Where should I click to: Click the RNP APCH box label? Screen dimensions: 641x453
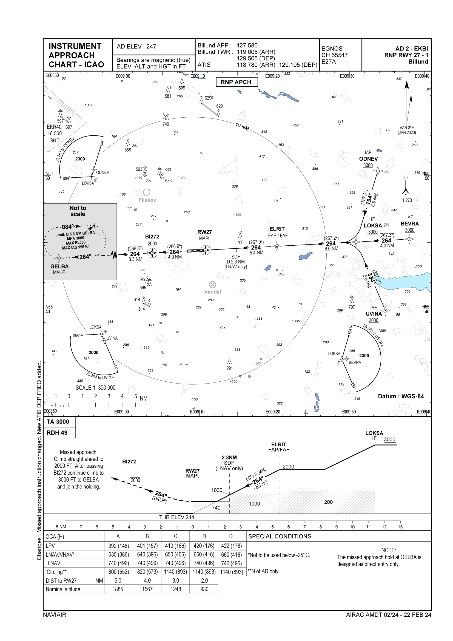(x=236, y=82)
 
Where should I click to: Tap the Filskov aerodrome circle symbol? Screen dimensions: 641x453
(x=147, y=192)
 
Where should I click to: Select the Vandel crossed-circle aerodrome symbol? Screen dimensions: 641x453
(x=212, y=285)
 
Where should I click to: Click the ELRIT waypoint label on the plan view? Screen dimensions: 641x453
(x=277, y=229)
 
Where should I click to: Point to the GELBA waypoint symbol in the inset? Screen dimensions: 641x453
(x=59, y=258)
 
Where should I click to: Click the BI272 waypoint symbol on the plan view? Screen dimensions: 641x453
(x=152, y=253)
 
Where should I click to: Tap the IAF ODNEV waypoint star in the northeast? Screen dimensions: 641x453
(x=378, y=170)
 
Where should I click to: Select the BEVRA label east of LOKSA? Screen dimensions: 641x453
(x=409, y=224)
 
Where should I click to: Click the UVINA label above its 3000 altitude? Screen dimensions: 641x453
(x=374, y=314)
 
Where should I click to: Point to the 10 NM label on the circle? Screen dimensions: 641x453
(x=242, y=127)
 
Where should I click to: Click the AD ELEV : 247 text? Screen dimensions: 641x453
(x=136, y=47)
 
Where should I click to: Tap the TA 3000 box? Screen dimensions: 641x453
(x=58, y=422)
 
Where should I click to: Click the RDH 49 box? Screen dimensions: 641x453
(x=57, y=433)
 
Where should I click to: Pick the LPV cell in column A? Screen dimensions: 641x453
(x=118, y=546)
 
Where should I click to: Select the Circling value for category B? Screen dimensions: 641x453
(x=147, y=572)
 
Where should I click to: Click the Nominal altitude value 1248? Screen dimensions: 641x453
(x=176, y=589)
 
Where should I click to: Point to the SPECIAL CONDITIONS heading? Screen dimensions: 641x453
(x=280, y=536)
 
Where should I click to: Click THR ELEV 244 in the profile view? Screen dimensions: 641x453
(x=176, y=517)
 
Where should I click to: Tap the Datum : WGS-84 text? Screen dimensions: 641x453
(x=401, y=396)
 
